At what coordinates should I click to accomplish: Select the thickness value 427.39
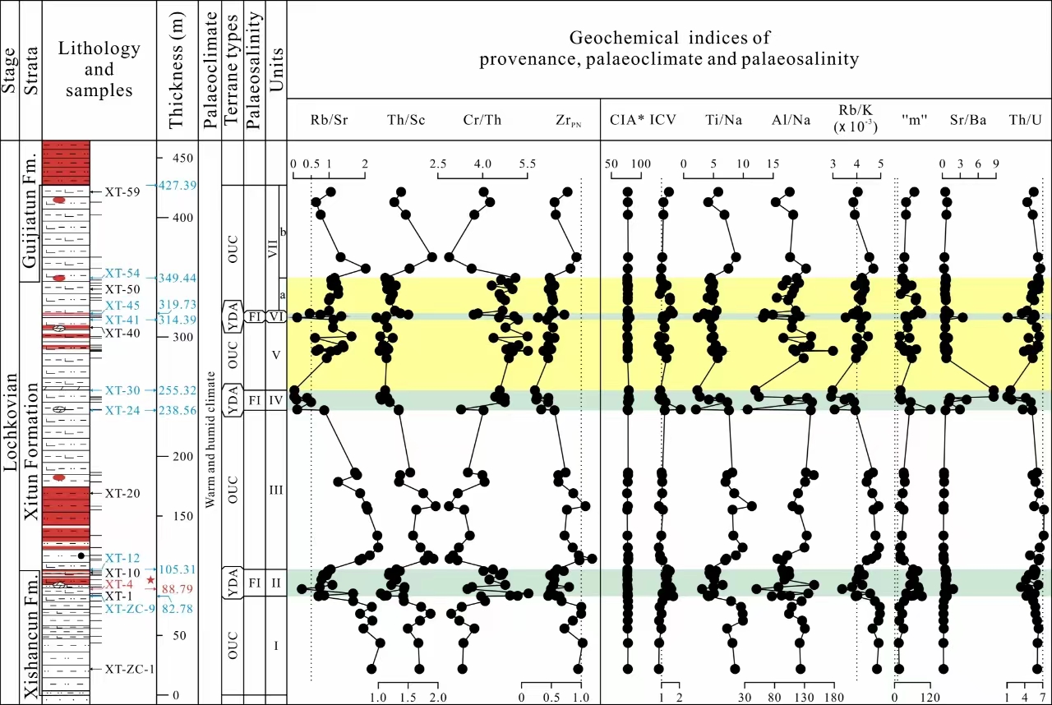click(x=178, y=186)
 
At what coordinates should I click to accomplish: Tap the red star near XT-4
click(x=150, y=580)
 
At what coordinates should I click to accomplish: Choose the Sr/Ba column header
click(x=968, y=120)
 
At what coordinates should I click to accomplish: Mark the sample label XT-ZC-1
click(x=129, y=670)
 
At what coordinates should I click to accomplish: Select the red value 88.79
click(x=178, y=589)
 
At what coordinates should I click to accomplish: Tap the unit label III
click(x=276, y=491)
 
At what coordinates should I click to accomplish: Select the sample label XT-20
click(x=122, y=493)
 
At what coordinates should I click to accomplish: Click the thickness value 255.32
click(x=178, y=391)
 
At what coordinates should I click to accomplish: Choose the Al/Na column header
click(x=791, y=120)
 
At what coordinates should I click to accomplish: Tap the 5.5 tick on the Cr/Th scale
click(x=522, y=164)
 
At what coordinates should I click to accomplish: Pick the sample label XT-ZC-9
click(x=129, y=609)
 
